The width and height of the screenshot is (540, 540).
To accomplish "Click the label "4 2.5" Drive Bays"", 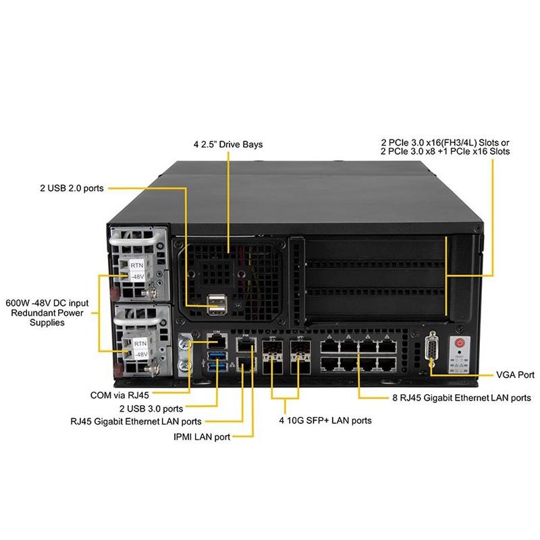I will (228, 144).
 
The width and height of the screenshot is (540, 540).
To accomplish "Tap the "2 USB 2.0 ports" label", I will (71, 188).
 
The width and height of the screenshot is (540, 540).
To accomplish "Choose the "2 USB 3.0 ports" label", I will (151, 408).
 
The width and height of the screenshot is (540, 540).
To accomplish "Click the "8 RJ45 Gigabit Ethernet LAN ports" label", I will (462, 398).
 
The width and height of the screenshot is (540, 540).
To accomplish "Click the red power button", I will (460, 343).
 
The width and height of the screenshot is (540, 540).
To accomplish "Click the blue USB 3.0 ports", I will (219, 360).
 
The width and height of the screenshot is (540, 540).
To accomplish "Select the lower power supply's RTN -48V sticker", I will (139, 348).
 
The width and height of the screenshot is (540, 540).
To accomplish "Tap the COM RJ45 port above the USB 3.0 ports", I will (219, 343).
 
